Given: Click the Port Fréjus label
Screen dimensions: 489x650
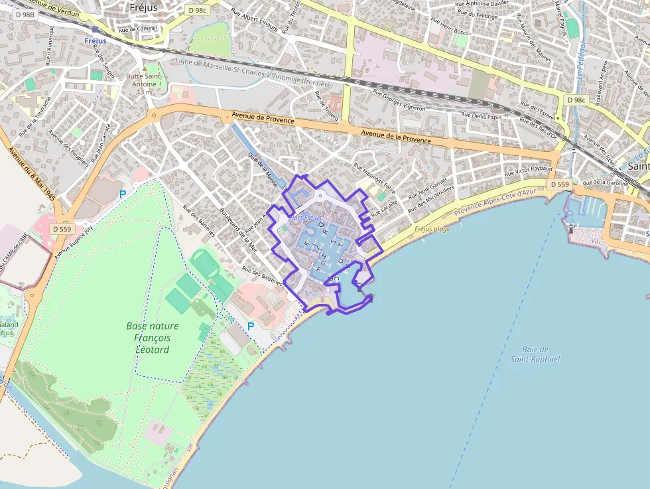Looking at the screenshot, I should [306, 218].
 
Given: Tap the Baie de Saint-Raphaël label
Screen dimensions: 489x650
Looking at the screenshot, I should [535, 354].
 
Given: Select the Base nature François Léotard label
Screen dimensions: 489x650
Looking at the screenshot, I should [153, 338].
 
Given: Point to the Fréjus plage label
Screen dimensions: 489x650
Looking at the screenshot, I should [432, 229].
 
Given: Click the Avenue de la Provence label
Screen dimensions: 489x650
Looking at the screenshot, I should [396, 137].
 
